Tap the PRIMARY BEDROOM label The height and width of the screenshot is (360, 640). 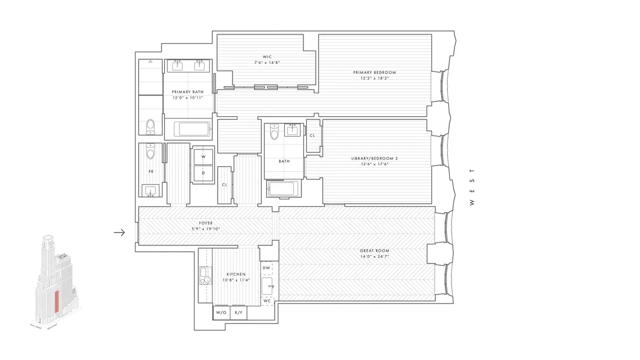tap(374, 72)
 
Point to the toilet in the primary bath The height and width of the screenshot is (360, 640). tap(150, 126)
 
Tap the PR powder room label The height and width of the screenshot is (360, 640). tap(150, 171)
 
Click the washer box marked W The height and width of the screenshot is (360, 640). tap(203, 157)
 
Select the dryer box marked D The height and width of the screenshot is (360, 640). tap(203, 173)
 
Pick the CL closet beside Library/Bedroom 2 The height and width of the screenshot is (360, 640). tap(312, 135)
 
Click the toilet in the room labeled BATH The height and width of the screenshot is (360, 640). tap(275, 132)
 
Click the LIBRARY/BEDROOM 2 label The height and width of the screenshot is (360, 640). tap(374, 158)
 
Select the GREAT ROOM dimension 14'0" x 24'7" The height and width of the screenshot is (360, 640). tap(374, 257)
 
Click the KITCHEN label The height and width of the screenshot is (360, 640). tap(235, 274)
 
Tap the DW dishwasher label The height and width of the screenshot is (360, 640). tap(266, 268)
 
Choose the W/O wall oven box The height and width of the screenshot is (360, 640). tap(221, 313)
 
